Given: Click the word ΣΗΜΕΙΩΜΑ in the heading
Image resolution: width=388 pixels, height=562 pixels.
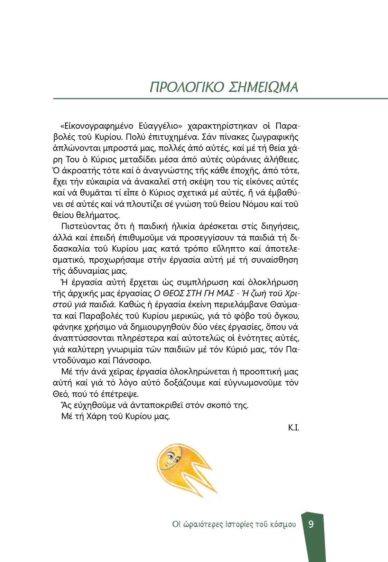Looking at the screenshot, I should tap(264, 87).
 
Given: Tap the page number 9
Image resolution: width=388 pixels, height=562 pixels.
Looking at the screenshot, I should tap(311, 524).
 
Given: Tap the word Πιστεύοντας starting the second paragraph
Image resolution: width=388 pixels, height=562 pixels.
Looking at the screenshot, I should tap(81, 227).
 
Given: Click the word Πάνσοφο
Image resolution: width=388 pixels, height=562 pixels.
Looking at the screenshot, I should tap(132, 360).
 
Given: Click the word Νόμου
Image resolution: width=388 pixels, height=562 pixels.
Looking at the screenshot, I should tap(255, 204).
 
